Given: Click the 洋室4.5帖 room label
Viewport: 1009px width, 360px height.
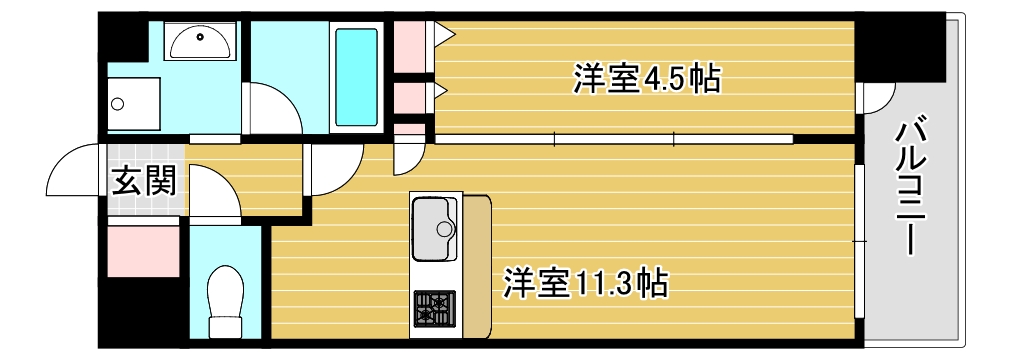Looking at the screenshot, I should [646, 79].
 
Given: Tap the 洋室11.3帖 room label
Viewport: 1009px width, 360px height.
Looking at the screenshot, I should [585, 283].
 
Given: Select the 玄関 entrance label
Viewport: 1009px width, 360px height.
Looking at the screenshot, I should [144, 181].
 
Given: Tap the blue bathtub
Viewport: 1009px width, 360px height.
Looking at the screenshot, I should [356, 75].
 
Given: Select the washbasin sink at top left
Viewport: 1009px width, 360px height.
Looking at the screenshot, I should [200, 42].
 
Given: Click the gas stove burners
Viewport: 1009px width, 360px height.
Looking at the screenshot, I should [434, 308].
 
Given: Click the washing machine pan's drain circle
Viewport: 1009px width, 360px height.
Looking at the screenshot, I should [119, 103].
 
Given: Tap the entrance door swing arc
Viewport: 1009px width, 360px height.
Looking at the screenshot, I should [70, 170].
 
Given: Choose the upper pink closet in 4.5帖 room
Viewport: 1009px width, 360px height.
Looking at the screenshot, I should [408, 45].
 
